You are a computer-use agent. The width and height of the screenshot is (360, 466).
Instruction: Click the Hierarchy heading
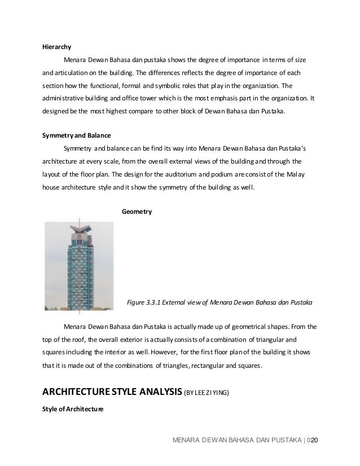pos(57,47)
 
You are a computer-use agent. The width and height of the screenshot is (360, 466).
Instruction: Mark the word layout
pos(53,174)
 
